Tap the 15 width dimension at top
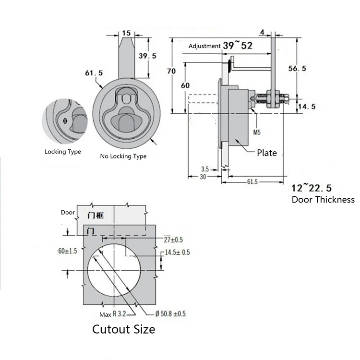[x=127, y=33]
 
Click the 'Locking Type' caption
[x=63, y=152]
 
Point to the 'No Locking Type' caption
[x=123, y=156]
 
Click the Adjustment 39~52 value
[x=237, y=45]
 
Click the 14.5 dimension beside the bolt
[x=306, y=107]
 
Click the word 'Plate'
[x=266, y=153]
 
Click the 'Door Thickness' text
[x=323, y=199]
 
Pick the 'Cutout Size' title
[x=123, y=329]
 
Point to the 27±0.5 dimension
[x=173, y=240]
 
